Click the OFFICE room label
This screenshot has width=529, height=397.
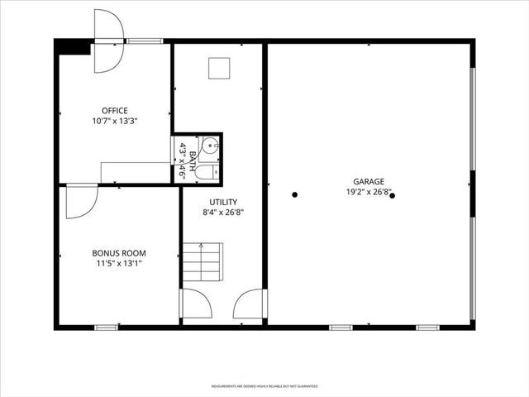(x=114, y=111)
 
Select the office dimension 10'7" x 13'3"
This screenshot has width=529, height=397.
(x=114, y=121)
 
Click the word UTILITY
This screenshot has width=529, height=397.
(x=223, y=202)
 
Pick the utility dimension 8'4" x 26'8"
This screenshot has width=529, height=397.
(x=223, y=212)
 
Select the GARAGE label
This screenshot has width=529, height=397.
(x=369, y=181)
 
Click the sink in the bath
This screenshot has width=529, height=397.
(x=210, y=147)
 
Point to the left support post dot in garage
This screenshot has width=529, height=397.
(x=294, y=195)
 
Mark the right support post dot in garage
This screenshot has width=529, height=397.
(x=393, y=196)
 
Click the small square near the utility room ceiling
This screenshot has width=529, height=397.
(x=219, y=68)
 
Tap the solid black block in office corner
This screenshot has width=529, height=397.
(x=74, y=48)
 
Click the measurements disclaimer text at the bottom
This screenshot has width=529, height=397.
(x=264, y=386)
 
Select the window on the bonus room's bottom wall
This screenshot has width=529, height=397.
(x=105, y=328)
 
